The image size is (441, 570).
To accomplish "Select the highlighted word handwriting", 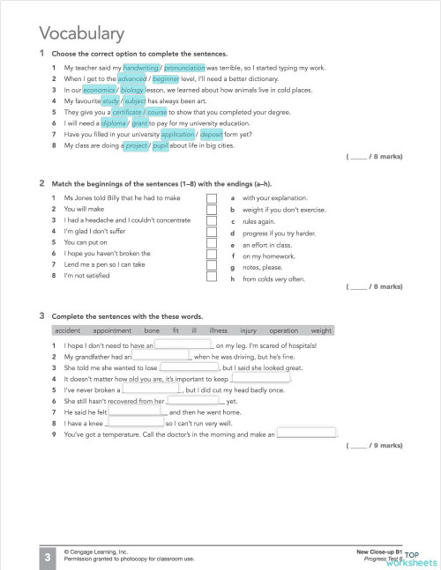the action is click(140, 67).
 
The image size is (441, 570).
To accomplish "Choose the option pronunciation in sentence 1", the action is click(183, 67).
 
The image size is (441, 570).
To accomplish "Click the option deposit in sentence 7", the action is click(211, 135).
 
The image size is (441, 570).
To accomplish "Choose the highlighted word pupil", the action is click(160, 146).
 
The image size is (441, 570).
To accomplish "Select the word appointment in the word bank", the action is click(111, 329).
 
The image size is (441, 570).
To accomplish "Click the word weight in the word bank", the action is click(321, 329).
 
